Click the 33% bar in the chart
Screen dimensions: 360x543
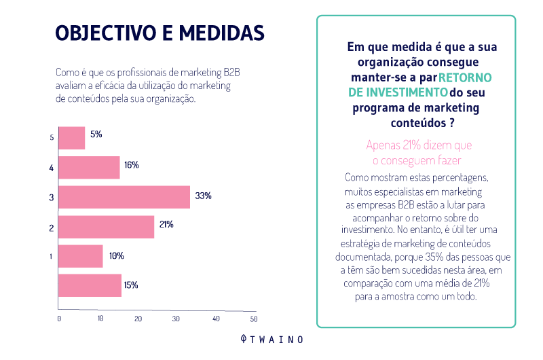click(x=124, y=197)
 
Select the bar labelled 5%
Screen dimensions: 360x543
click(x=72, y=138)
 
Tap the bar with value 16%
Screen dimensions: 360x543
click(x=89, y=167)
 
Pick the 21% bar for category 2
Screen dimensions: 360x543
click(x=107, y=226)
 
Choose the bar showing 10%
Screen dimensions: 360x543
click(x=81, y=256)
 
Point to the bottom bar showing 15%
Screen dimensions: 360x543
click(x=90, y=285)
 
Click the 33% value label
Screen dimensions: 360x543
click(x=203, y=196)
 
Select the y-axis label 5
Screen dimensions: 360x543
click(x=52, y=138)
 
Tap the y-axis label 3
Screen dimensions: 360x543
click(x=52, y=198)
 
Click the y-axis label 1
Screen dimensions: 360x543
click(x=52, y=257)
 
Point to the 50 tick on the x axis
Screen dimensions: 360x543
click(x=254, y=319)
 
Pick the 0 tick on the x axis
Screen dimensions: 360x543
click(x=59, y=319)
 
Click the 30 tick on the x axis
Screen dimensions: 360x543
click(x=176, y=319)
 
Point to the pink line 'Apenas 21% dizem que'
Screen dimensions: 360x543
click(x=418, y=145)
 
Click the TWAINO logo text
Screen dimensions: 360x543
click(x=278, y=339)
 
